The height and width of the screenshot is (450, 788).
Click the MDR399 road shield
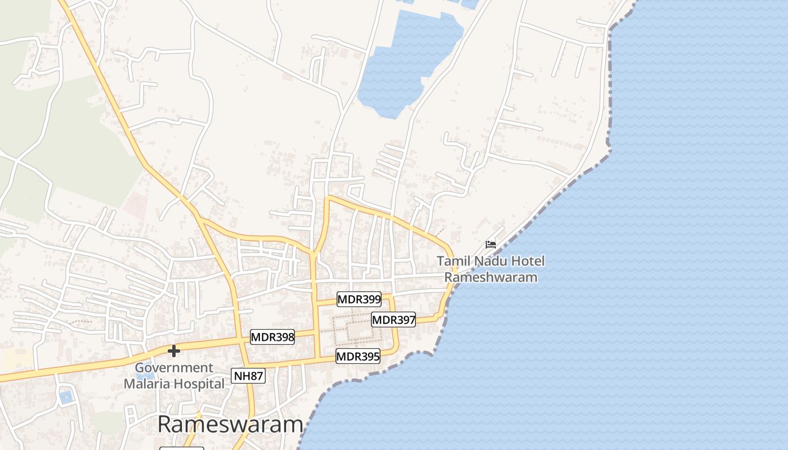click(359, 299)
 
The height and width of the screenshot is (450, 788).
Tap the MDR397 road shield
click(394, 320)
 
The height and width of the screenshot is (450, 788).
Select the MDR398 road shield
click(272, 337)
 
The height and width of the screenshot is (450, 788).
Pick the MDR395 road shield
click(358, 356)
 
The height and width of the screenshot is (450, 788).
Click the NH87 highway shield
click(248, 376)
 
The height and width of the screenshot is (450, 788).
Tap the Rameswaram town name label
click(230, 424)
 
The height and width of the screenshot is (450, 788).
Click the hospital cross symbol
click(174, 351)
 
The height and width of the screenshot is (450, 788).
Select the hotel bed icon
click(491, 245)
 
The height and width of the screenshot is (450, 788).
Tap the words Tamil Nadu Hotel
click(491, 261)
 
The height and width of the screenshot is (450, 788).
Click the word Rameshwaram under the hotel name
click(491, 277)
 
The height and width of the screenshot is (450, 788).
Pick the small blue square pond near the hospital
click(66, 397)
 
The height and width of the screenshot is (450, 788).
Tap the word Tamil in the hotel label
click(453, 261)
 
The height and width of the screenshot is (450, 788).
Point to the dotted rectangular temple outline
click(359, 328)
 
